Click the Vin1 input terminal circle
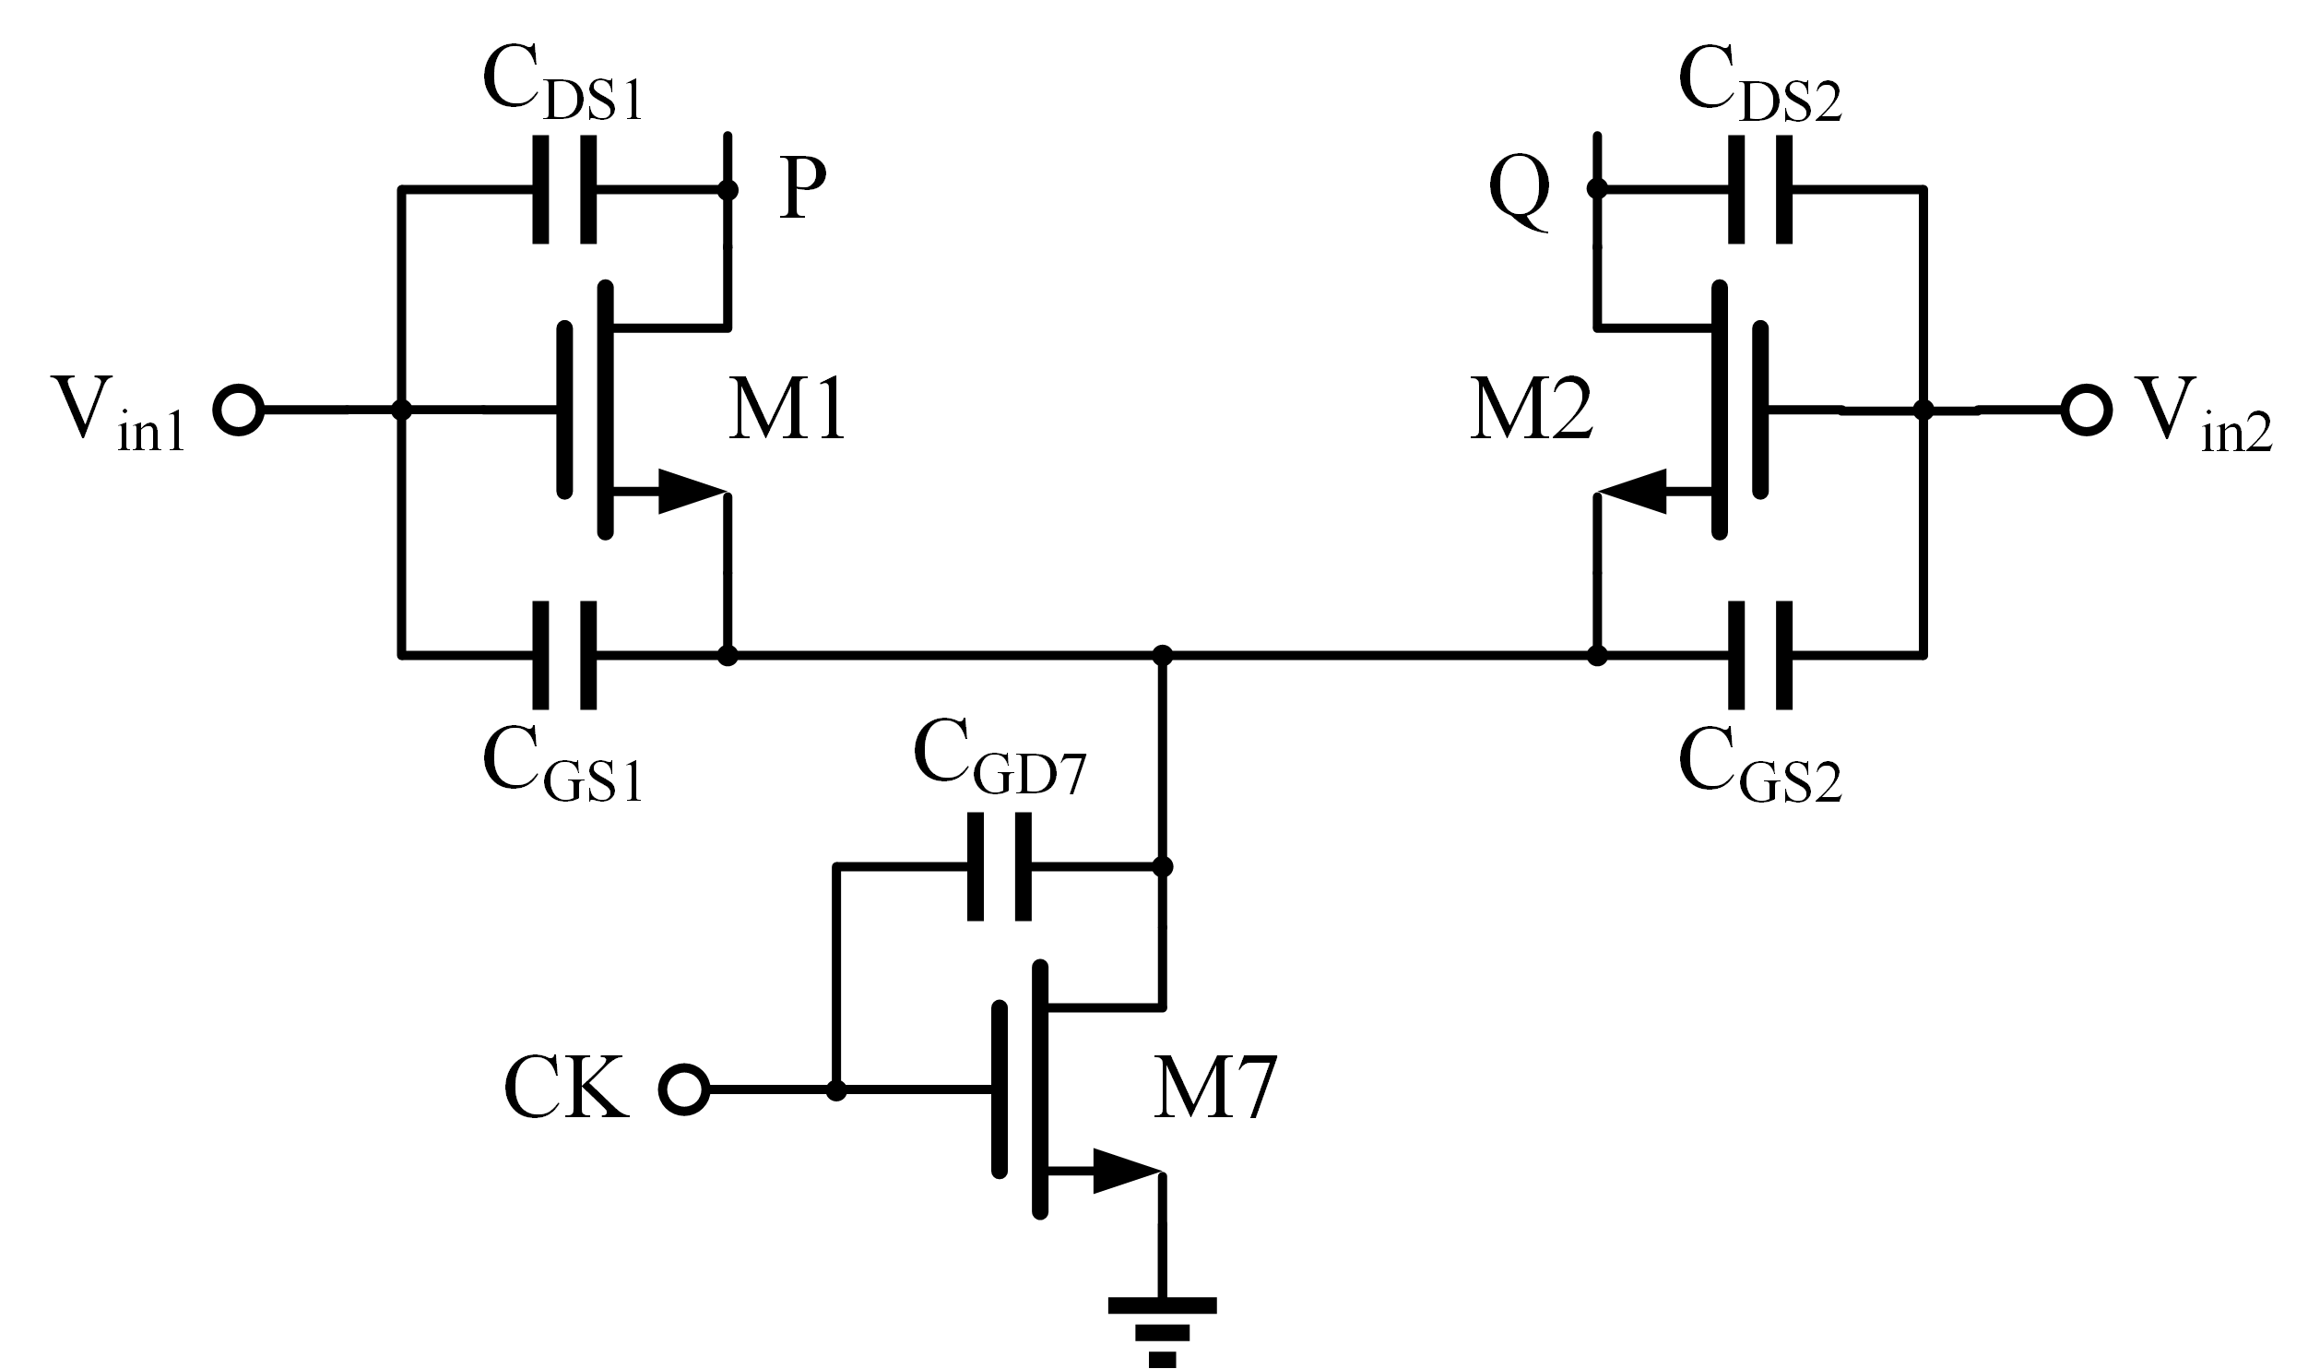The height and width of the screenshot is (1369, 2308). [x=239, y=410]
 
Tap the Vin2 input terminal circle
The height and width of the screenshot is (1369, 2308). [x=2087, y=410]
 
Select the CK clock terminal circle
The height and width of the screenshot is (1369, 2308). [x=684, y=1090]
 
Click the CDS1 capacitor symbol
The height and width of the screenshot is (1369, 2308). [x=564, y=190]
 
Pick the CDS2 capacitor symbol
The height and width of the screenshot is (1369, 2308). [x=1760, y=190]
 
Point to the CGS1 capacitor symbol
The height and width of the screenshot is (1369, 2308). [x=564, y=656]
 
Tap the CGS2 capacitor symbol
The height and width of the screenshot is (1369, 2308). [x=1760, y=656]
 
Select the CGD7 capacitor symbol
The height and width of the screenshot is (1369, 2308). [x=1000, y=866]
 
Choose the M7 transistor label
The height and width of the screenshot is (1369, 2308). [x=1215, y=1089]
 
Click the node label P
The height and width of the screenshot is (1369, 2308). [x=802, y=188]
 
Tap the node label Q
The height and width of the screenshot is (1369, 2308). [x=1520, y=195]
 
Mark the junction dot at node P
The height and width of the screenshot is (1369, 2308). [x=728, y=190]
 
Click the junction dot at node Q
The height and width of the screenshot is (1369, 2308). [x=1598, y=190]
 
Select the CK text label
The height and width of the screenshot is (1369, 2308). [x=566, y=1089]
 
